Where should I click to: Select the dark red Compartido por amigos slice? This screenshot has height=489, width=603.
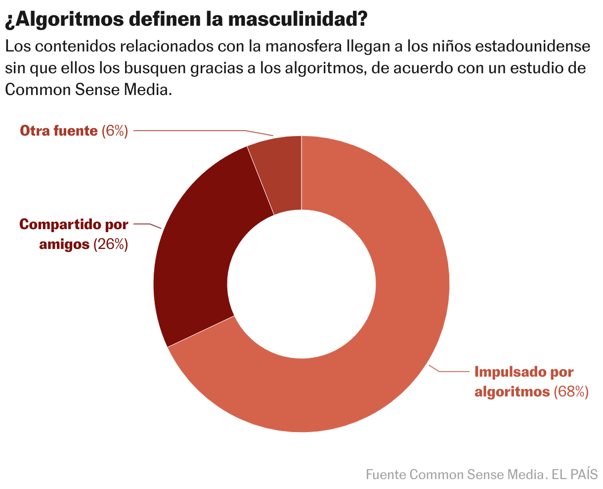point(198,247)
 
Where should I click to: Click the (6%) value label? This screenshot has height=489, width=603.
point(115,131)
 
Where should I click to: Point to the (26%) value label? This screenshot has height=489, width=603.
point(111,244)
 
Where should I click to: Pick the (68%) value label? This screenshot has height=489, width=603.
point(571,391)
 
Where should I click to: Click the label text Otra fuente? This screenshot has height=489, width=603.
point(58,131)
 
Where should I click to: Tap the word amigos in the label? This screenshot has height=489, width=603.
point(64,244)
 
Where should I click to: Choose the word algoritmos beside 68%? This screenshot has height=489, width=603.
point(512,391)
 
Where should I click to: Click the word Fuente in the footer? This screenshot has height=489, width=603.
point(387,475)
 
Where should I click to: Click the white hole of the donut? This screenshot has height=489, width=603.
point(301,284)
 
